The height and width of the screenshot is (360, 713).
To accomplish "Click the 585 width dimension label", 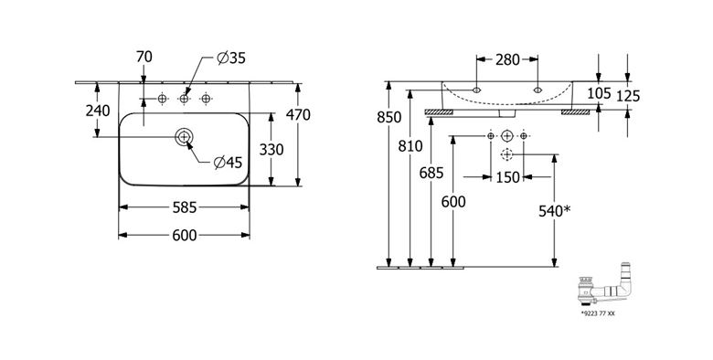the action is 185,207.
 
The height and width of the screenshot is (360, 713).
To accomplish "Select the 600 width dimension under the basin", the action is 185,236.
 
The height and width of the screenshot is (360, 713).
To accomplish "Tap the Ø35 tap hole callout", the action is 231,58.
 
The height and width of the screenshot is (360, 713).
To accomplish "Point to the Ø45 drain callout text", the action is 229,163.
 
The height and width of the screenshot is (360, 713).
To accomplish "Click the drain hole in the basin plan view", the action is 184,136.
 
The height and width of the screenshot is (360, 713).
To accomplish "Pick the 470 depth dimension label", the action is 298,115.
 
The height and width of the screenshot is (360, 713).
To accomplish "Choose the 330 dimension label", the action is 271,149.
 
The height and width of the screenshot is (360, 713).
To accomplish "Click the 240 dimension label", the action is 98,111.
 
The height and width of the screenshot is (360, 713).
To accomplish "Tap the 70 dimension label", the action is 144,58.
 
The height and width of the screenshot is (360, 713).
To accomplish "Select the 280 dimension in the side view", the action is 507,59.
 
